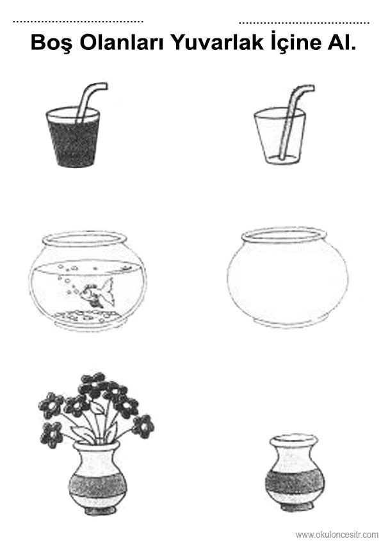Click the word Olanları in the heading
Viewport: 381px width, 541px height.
(122, 42)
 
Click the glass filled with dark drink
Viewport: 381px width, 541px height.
(73, 137)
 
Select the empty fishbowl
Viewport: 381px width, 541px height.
(288, 277)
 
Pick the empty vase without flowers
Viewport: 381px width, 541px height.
(295, 473)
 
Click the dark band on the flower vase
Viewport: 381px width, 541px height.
(98, 485)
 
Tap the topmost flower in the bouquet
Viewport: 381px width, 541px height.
(93, 382)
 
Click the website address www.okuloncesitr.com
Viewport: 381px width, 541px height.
(337, 535)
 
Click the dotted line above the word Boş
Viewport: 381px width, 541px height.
(78, 22)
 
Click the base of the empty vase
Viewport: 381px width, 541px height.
(295, 507)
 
